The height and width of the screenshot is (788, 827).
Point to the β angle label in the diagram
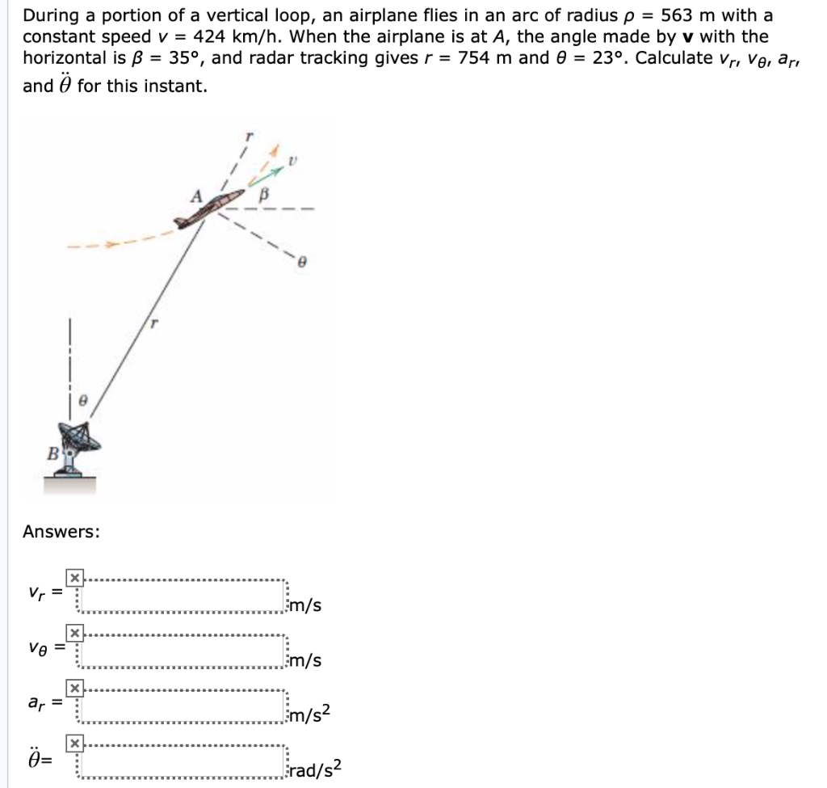(262, 195)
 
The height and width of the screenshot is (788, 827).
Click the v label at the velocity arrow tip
(295, 162)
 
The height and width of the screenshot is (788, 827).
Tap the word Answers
(61, 531)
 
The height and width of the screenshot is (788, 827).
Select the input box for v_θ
(182, 654)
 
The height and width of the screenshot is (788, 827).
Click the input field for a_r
(182, 709)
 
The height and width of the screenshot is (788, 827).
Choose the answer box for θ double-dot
(182, 763)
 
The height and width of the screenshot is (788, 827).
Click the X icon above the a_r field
(74, 687)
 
